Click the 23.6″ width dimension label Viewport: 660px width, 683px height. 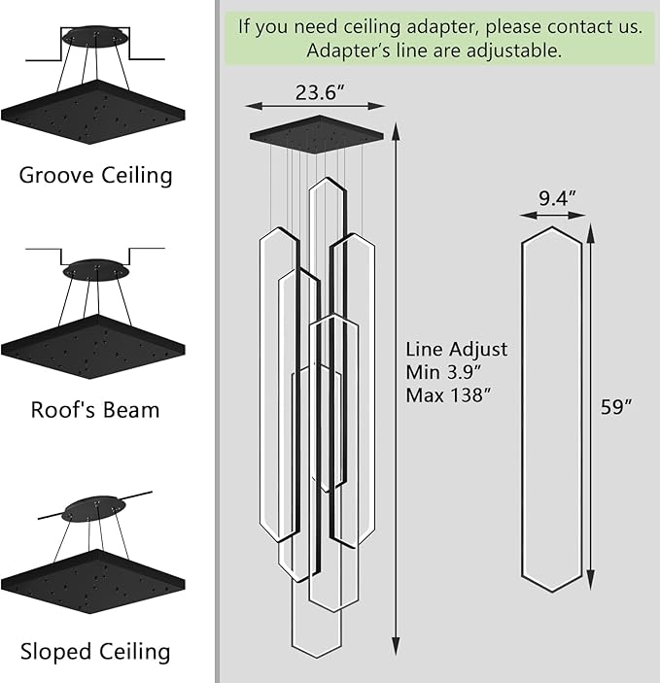[315, 92]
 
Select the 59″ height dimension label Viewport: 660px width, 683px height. [616, 407]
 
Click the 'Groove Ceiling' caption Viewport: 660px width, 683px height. [95, 176]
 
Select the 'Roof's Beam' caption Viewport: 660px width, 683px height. [95, 409]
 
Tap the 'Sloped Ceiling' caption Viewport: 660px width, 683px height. [95, 651]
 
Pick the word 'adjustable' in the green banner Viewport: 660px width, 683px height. [511, 51]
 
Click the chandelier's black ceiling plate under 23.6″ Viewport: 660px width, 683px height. [315, 130]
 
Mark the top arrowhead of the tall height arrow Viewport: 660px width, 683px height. [395, 128]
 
